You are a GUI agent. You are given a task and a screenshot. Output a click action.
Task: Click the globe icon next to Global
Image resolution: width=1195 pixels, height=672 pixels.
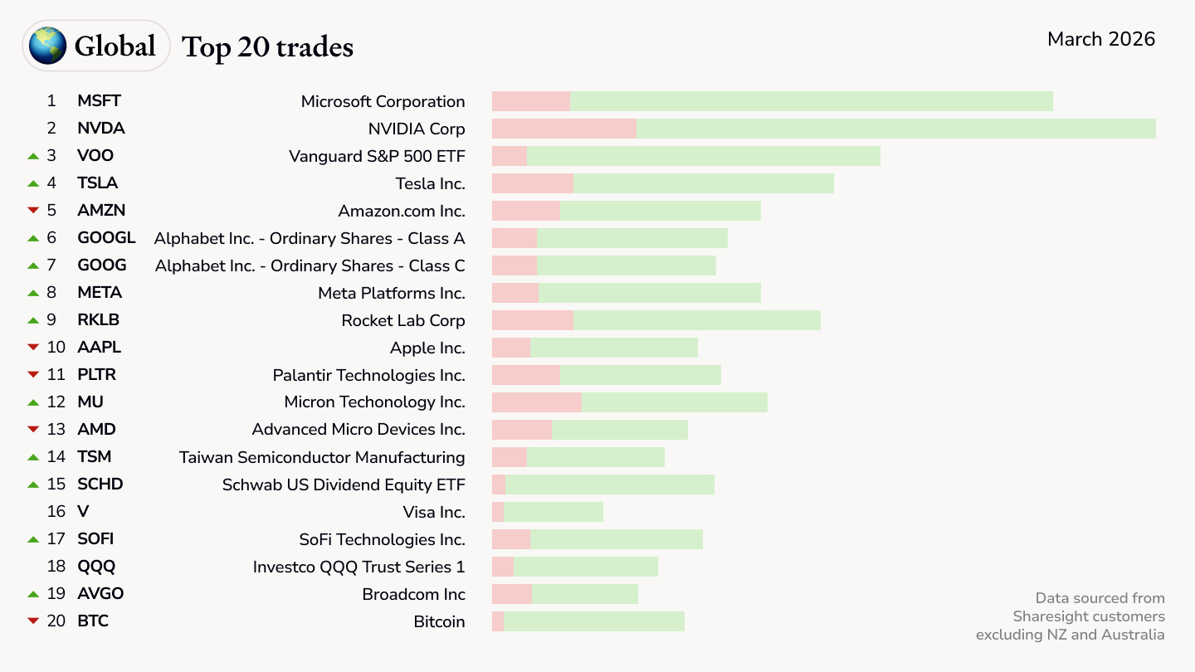pyautogui.click(x=47, y=46)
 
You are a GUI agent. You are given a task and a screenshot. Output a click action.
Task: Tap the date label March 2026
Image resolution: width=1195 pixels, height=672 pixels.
pyautogui.click(x=1100, y=39)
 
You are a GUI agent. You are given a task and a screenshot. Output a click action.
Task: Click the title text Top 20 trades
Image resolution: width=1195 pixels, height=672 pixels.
pyautogui.click(x=267, y=47)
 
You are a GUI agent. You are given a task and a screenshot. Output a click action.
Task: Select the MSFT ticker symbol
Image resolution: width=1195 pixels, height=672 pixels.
pyautogui.click(x=99, y=101)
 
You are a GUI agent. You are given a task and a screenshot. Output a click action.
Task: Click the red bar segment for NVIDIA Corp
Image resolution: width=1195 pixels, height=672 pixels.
pyautogui.click(x=563, y=129)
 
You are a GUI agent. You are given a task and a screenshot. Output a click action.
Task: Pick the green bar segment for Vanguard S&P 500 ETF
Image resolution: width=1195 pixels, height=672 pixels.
pyautogui.click(x=703, y=156)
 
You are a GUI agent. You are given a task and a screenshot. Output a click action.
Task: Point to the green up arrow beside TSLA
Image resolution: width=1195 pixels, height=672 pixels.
pyautogui.click(x=33, y=183)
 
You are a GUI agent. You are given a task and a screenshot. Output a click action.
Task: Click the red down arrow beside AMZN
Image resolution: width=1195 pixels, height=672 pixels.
pyautogui.click(x=33, y=211)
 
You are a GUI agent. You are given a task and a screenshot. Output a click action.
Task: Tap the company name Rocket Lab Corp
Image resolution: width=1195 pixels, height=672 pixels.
pyautogui.click(x=402, y=320)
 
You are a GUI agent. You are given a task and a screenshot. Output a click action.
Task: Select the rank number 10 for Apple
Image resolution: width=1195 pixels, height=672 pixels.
pyautogui.click(x=56, y=348)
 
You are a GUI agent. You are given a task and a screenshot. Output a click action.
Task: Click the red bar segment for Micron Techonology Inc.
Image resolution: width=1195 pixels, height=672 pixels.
pyautogui.click(x=536, y=402)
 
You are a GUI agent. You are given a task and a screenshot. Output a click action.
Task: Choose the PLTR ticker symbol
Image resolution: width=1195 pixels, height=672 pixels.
pyautogui.click(x=96, y=375)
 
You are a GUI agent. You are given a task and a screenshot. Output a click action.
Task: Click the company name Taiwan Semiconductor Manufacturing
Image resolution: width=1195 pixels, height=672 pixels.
pyautogui.click(x=322, y=457)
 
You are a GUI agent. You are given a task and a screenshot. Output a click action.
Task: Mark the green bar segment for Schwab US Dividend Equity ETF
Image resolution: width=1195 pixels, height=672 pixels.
pyautogui.click(x=609, y=485)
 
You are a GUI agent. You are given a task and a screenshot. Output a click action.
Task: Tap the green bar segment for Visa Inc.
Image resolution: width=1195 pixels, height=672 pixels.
pyautogui.click(x=553, y=512)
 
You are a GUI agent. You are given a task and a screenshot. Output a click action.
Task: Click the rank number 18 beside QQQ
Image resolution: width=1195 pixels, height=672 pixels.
pyautogui.click(x=56, y=567)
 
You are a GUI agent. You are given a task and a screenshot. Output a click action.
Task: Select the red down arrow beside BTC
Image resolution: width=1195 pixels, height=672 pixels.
pyautogui.click(x=33, y=621)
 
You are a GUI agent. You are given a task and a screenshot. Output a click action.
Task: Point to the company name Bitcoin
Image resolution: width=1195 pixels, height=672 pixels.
pyautogui.click(x=439, y=621)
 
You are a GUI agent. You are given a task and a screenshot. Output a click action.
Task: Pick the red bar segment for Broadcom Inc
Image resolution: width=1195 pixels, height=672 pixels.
pyautogui.click(x=511, y=594)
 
